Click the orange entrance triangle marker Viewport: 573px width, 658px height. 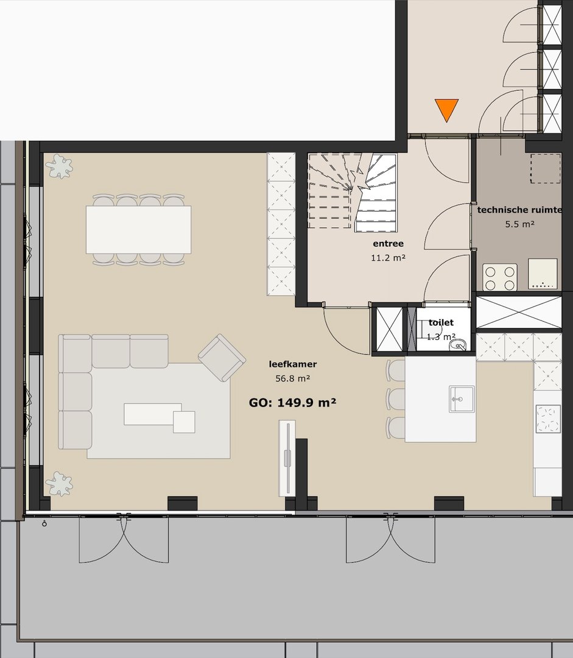(x=447, y=109)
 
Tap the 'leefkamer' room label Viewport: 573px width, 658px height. (x=293, y=365)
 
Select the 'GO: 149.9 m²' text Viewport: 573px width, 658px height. (x=294, y=403)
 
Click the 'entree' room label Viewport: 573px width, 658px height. (x=388, y=244)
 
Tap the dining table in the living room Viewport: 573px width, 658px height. (x=138, y=229)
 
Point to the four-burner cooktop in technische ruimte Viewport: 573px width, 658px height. (x=500, y=277)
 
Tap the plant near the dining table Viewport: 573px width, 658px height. (x=59, y=166)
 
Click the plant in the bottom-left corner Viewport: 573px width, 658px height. (x=59, y=484)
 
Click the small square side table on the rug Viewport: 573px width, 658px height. (x=184, y=422)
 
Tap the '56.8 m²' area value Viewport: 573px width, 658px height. (x=293, y=378)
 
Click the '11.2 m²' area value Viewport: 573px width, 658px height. (x=388, y=258)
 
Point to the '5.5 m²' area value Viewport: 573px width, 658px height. (x=519, y=224)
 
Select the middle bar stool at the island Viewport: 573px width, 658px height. (x=396, y=399)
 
